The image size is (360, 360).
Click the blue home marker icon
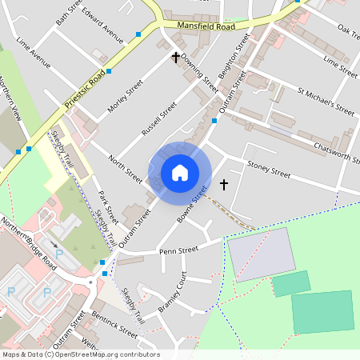pos(179,173)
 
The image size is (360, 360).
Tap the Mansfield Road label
pos(206,26)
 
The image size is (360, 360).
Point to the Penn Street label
pos(178,250)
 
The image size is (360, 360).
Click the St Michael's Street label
pos(326,102)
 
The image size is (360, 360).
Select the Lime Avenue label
pos(38,51)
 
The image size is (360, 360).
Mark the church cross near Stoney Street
pos(223,185)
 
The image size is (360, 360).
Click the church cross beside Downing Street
pos(176,58)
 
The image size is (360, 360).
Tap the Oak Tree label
pos(348,30)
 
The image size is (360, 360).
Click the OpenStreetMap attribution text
pos(80,354)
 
